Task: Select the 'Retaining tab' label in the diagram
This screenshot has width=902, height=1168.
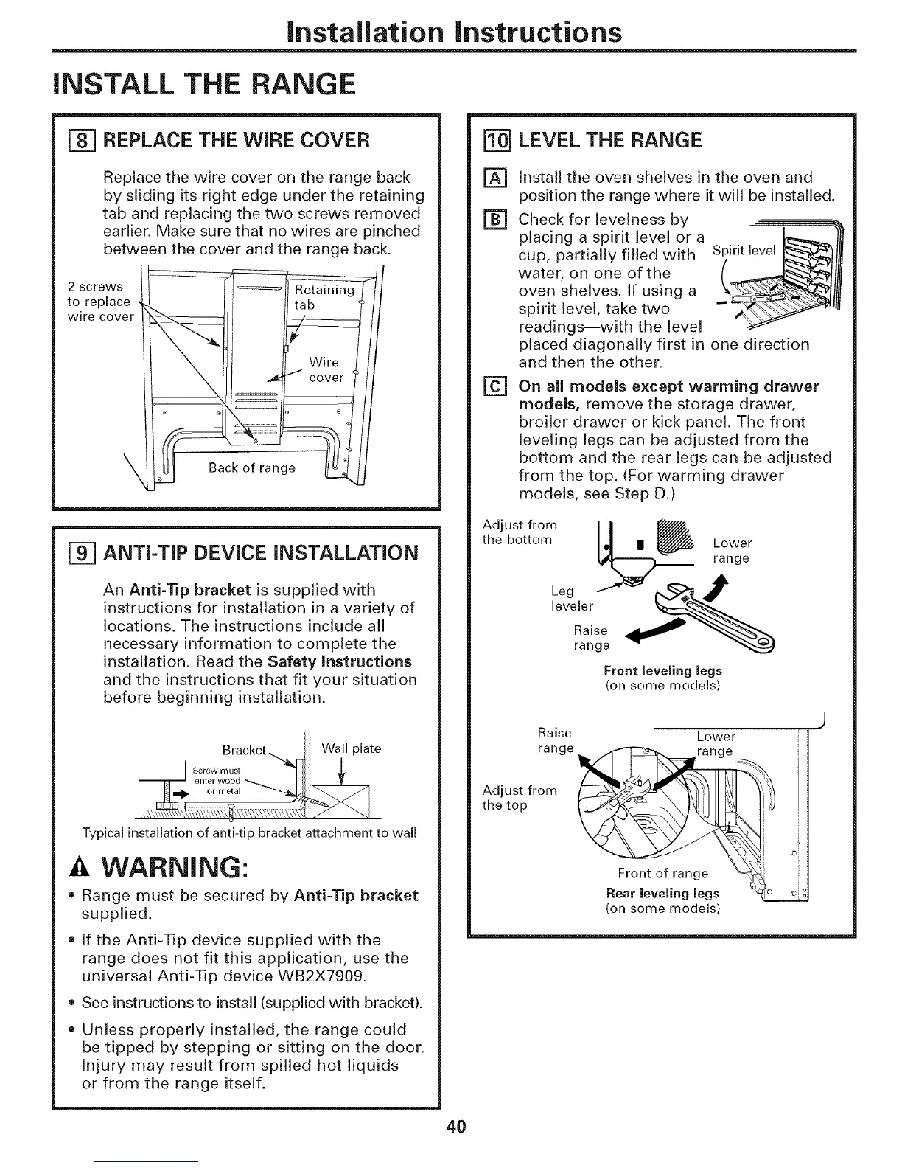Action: [324, 297]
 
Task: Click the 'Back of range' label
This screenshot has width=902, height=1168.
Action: [252, 467]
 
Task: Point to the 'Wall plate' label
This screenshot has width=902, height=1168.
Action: [352, 748]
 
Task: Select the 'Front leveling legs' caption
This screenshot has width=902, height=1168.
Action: [662, 670]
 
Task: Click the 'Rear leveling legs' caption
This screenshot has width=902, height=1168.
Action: [662, 893]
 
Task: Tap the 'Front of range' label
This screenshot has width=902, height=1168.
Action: [662, 874]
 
